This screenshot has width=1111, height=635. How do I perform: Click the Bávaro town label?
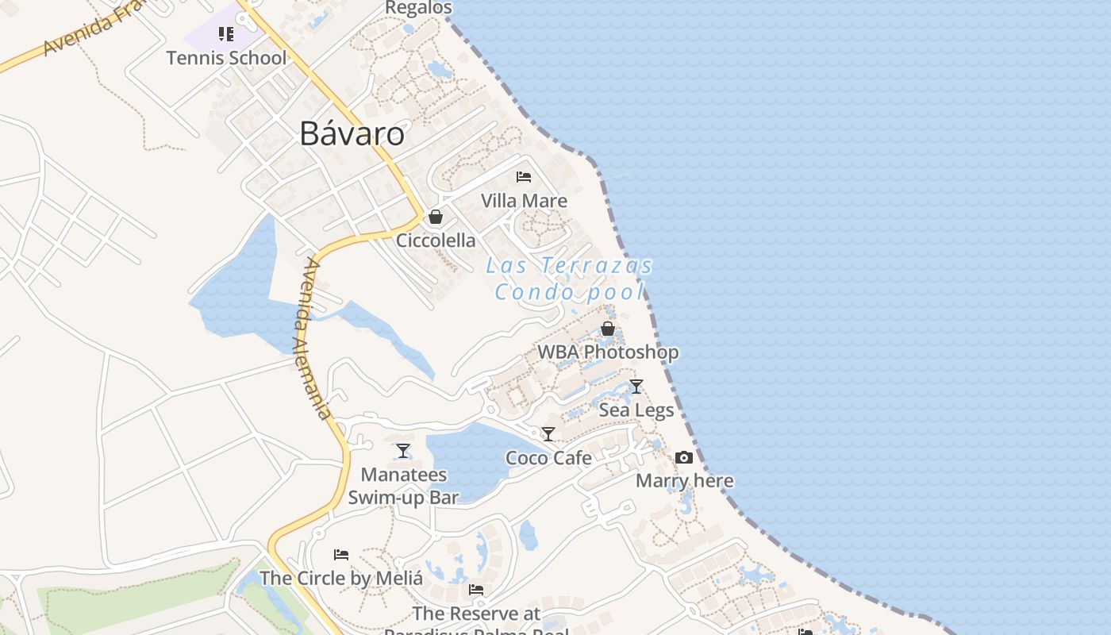coord(352,133)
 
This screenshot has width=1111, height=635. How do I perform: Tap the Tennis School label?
coord(226,58)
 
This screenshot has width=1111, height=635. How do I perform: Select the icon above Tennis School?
coord(226,34)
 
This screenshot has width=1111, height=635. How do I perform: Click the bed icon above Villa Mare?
coord(524,176)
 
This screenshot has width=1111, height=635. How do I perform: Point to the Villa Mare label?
coord(524,201)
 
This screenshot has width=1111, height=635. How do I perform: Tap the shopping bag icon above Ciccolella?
coord(436,216)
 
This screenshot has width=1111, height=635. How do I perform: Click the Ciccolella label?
coord(436,241)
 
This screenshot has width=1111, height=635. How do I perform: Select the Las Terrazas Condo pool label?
coord(569,279)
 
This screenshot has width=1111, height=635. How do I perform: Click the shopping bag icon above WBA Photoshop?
coord(608,328)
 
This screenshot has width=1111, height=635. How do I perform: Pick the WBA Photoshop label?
coord(608,352)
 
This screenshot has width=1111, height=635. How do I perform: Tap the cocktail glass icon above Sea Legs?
coord(636,387)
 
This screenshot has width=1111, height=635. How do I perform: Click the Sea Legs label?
coord(636,410)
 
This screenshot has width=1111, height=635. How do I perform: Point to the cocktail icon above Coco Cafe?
coord(548,434)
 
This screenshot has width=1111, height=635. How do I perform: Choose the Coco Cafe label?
coord(548,458)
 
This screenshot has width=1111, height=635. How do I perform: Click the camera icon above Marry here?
coord(684,457)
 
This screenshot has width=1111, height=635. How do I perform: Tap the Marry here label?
coord(684,481)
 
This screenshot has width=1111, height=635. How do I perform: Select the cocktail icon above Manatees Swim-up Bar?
coord(403,451)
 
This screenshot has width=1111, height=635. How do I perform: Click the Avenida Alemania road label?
coord(317,338)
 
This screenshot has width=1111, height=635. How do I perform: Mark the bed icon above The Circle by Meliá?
coord(341,554)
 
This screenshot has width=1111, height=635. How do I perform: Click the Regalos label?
coord(418,8)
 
